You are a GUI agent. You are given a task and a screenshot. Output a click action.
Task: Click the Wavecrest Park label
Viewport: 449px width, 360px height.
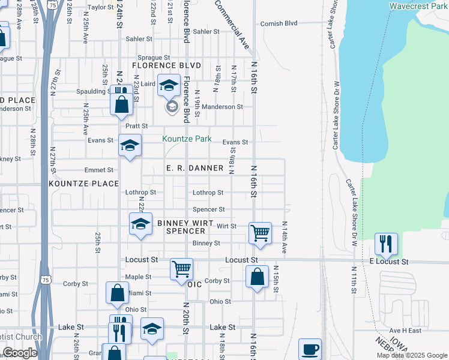tap(418, 6)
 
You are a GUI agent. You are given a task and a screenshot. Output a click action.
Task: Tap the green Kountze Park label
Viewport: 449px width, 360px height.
tap(187, 139)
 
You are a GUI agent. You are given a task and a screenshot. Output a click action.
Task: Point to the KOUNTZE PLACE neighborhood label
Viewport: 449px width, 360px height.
tap(84, 183)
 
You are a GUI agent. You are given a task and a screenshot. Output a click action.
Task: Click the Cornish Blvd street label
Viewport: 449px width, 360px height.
tap(279, 23)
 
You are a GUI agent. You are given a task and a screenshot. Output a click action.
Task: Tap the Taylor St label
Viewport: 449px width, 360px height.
tap(100, 7)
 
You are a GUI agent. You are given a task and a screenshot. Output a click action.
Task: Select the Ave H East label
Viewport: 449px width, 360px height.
tap(405, 331)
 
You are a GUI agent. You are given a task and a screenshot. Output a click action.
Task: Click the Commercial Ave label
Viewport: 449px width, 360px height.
tap(232, 24)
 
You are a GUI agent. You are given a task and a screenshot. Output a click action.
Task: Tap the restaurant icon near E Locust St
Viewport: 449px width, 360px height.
tap(387, 244)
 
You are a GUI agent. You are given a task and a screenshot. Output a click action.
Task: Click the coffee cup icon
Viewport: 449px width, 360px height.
tap(310, 349)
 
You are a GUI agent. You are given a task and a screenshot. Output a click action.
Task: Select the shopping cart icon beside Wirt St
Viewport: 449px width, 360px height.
tap(260, 232)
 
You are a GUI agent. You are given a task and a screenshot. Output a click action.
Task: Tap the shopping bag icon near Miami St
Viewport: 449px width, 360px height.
tap(117, 293)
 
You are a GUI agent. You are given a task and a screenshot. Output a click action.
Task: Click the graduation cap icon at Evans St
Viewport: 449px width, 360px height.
tap(130, 146)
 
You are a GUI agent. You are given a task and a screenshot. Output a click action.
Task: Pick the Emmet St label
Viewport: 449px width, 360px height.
tap(99, 170)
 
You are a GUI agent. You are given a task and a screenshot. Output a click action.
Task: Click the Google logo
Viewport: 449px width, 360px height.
tap(20, 353)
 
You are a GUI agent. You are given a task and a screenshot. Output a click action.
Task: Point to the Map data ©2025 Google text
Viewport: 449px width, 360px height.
tap(412, 355)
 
